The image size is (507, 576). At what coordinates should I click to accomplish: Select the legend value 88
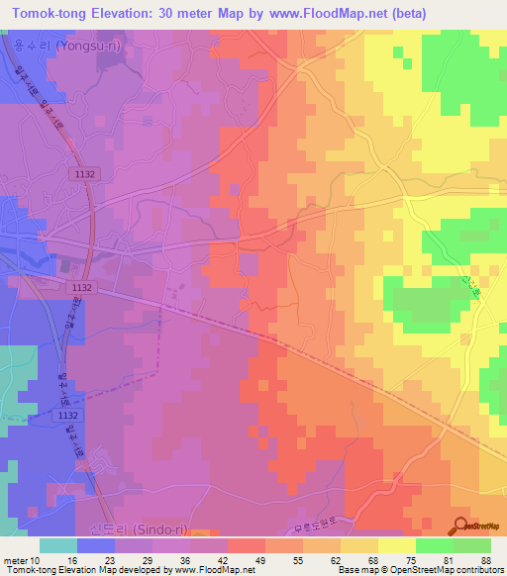(486, 560)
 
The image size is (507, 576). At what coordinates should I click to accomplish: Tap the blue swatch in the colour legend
(96, 545)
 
